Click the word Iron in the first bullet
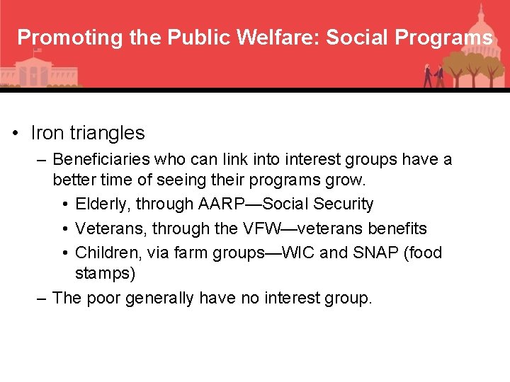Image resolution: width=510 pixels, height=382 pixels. [47, 133]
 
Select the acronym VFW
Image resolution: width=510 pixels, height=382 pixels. [261, 228]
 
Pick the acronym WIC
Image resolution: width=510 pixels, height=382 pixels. [298, 253]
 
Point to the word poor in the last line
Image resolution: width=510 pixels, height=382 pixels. [103, 298]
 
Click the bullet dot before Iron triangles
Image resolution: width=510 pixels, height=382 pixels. [15, 134]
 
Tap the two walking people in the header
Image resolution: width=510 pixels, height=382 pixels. [433, 74]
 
